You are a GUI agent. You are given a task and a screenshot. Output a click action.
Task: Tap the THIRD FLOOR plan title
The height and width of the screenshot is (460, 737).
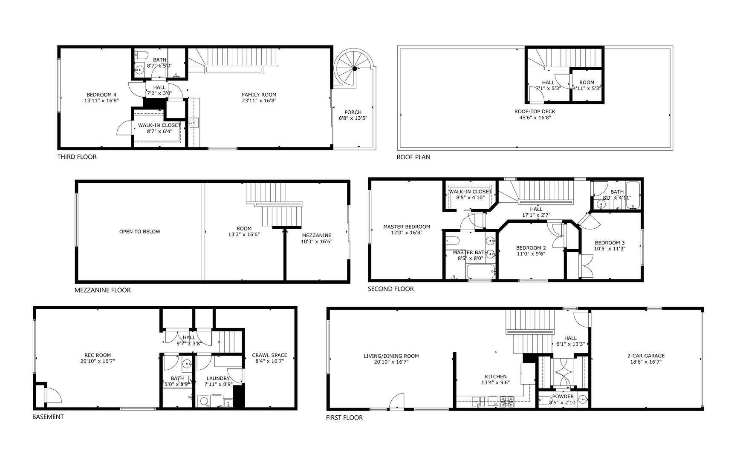point(77,157)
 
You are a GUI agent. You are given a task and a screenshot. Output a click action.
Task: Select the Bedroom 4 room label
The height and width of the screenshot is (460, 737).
point(101,95)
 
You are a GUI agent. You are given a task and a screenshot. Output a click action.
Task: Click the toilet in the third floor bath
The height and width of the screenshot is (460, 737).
point(141,55)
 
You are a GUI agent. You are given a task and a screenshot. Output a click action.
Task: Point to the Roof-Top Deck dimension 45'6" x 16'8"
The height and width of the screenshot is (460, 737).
point(535,118)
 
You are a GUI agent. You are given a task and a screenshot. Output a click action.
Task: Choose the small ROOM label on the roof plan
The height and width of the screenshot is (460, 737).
point(587,83)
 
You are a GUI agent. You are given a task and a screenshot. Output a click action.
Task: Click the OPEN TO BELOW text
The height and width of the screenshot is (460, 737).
point(140,232)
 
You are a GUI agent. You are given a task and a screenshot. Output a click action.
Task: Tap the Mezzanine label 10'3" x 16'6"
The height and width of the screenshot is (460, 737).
point(316,241)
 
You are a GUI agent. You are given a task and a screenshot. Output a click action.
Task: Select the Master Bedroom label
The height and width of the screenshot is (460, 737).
point(406,227)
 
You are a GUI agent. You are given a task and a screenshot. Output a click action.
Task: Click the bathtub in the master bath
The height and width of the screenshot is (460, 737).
point(480,271)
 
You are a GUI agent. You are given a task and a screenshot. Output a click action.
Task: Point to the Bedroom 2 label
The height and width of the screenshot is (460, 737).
point(531,248)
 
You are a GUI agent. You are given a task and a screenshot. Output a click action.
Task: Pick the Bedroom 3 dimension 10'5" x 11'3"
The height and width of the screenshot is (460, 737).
point(610,249)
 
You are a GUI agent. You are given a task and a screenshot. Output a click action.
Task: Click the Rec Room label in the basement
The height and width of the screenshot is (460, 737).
point(98,355)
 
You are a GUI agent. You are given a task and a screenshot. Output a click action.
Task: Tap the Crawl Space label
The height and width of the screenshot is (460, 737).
point(269,355)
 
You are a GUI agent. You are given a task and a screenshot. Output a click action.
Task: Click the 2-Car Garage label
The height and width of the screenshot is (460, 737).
point(646,356)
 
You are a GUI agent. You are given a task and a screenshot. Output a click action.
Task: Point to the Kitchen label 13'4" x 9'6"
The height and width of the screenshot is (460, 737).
point(496,382)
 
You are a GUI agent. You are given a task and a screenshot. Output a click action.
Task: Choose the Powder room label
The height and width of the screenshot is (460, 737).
point(563,397)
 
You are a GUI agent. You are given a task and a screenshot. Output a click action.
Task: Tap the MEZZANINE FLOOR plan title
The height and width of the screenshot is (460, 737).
point(103,290)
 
